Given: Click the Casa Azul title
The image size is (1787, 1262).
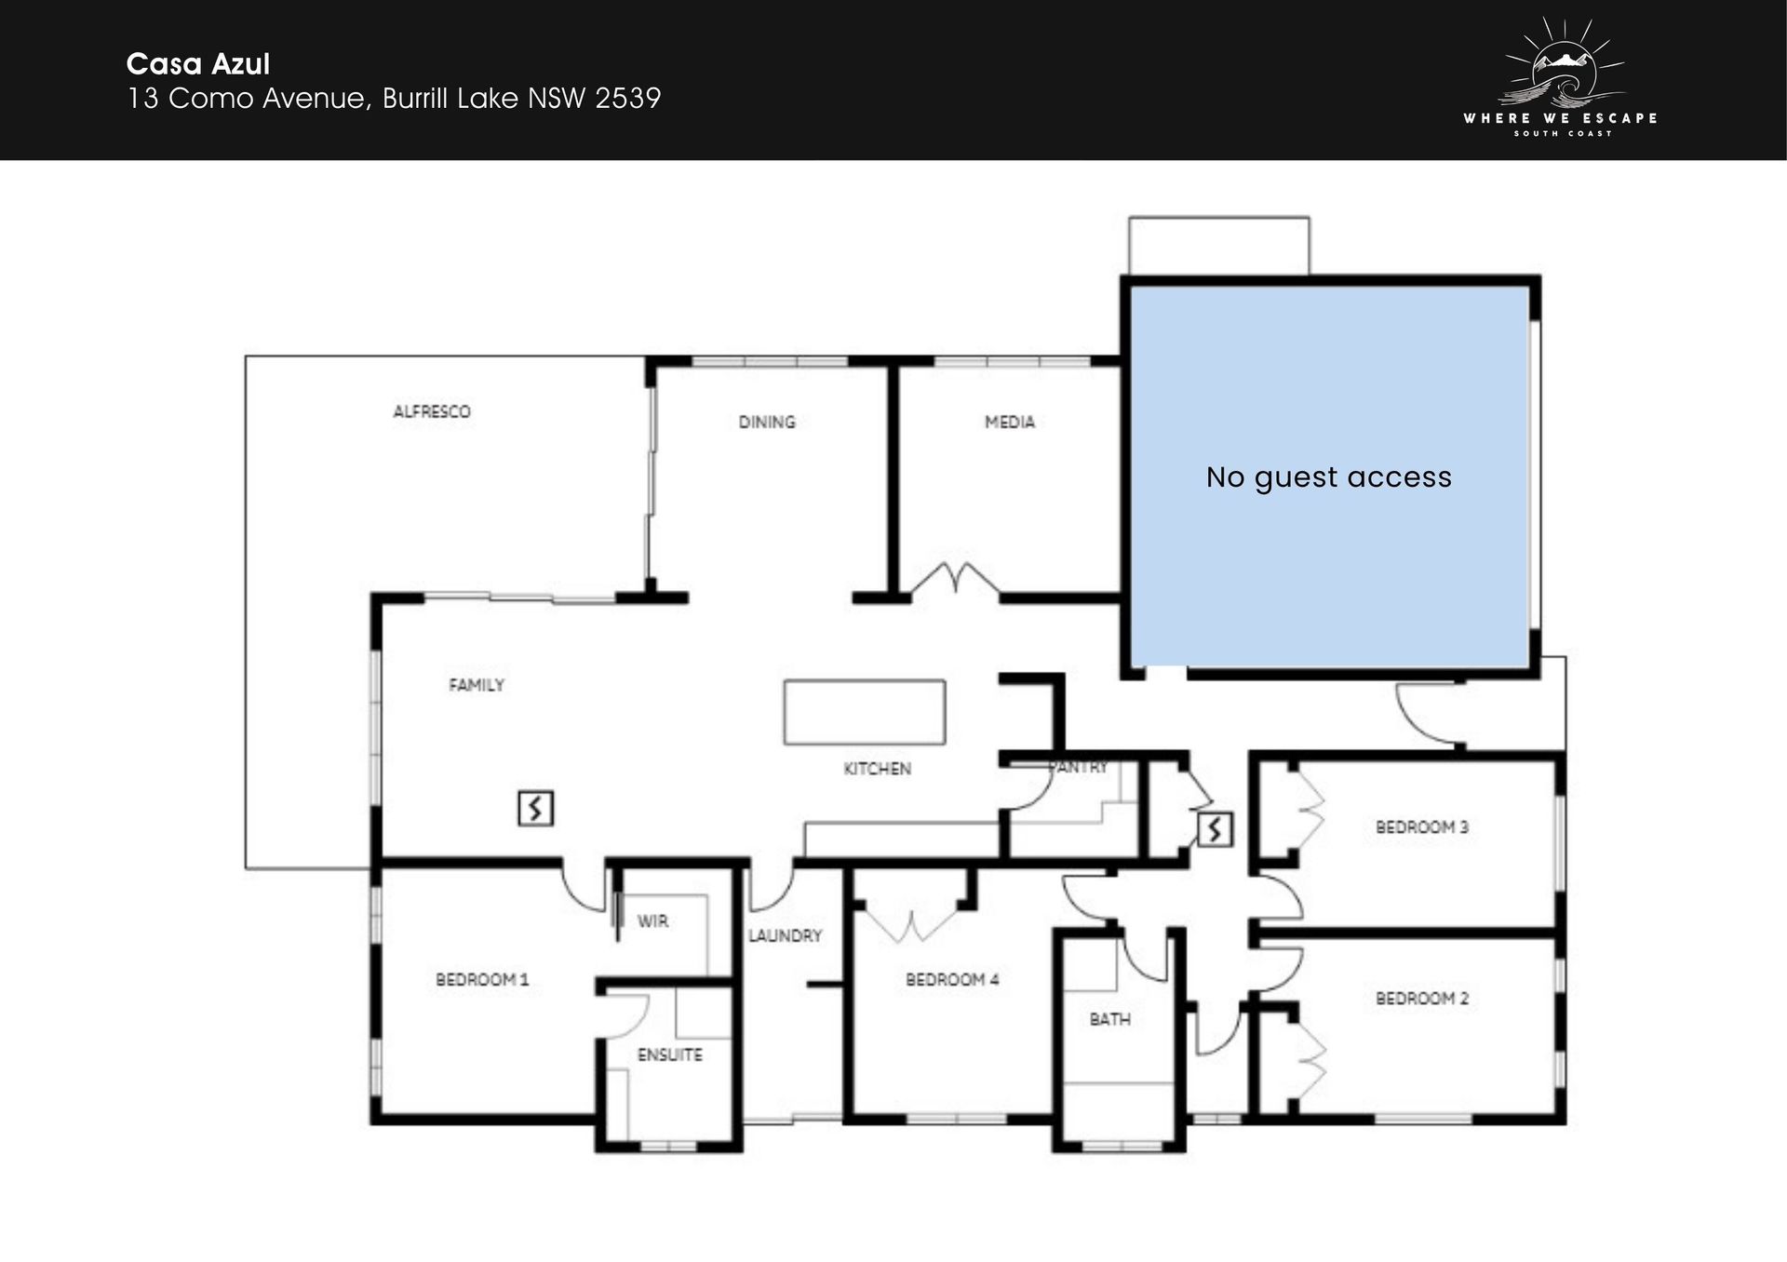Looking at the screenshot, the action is [198, 63].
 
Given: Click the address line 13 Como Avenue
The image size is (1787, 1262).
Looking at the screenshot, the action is [394, 98].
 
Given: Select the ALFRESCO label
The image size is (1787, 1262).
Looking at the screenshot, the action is [432, 411].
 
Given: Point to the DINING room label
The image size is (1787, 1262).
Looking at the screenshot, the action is [767, 422].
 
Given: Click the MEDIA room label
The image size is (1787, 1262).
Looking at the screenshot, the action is [1010, 422].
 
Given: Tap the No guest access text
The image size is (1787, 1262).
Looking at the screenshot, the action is [1328, 477].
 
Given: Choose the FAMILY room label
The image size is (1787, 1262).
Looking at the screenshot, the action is [477, 685].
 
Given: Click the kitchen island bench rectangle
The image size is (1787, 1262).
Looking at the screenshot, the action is [865, 712].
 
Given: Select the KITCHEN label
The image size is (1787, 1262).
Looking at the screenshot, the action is [877, 769].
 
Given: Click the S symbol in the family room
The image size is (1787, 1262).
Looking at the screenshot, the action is [535, 808].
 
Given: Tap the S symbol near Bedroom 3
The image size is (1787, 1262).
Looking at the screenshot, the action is [1215, 829].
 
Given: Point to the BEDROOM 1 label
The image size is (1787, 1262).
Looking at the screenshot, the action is [482, 980].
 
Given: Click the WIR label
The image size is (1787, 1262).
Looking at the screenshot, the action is [652, 921].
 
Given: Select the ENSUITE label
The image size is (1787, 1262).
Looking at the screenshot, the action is [670, 1055].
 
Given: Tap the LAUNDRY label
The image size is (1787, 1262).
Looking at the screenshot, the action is [786, 936].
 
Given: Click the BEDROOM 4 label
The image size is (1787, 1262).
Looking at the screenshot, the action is [952, 980].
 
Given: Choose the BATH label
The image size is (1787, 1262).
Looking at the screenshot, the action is [1110, 1020].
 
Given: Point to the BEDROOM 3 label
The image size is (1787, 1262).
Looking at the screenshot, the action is [1422, 827].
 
